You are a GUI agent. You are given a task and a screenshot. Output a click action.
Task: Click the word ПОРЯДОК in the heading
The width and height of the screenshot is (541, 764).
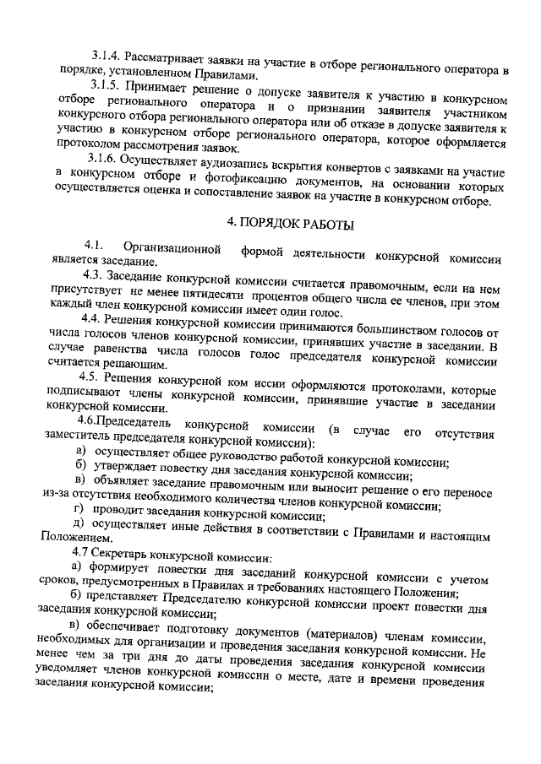click(x=278, y=225)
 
